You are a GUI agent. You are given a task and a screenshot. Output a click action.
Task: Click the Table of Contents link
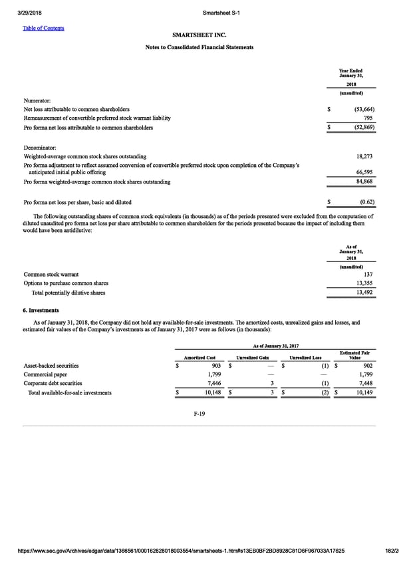point(46,28)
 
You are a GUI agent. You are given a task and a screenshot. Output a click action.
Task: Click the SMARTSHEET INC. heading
point(199,34)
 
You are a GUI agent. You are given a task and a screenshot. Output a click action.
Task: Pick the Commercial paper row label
point(45,374)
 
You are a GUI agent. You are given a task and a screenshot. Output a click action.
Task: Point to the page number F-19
point(199,413)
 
